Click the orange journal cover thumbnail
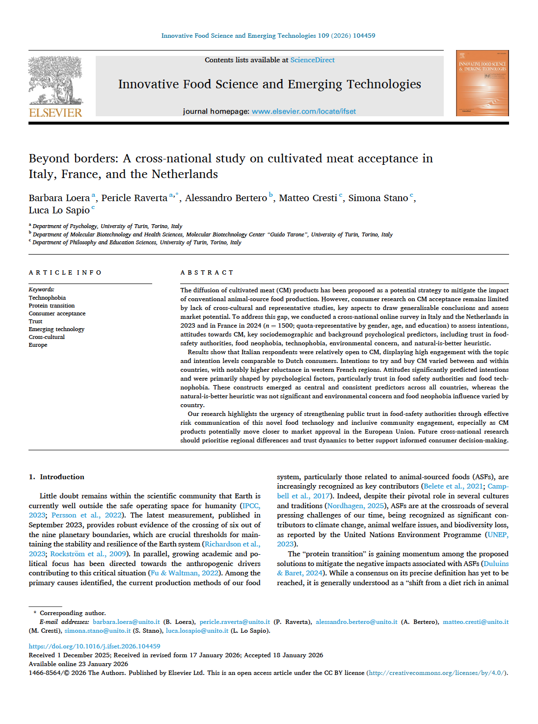click(482, 83)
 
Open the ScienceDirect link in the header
click(312, 60)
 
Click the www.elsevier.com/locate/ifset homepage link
click(303, 111)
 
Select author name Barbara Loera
click(59, 198)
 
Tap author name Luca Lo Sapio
click(59, 210)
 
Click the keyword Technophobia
click(47, 298)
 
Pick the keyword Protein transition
click(52, 306)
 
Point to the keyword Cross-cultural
click(47, 337)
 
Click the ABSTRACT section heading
click(207, 272)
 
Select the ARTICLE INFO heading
click(65, 272)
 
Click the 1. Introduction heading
click(56, 477)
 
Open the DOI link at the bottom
click(94, 646)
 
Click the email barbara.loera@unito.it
click(126, 622)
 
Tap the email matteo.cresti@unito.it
click(475, 622)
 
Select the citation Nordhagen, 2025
click(356, 506)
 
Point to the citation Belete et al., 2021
click(453, 486)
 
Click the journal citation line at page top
click(268, 36)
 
